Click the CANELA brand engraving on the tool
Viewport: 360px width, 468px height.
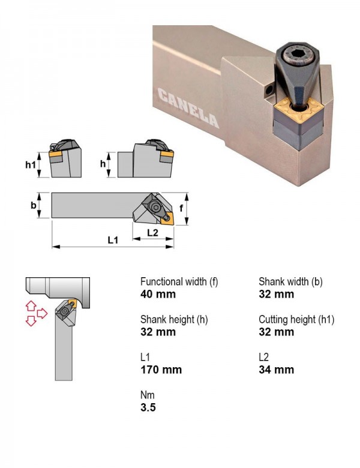coord(188,107)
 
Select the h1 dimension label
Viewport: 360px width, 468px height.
coord(31,164)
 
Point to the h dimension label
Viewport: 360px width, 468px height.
coord(103,164)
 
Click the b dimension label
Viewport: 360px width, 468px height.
coord(34,205)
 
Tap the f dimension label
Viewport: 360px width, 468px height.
coord(181,208)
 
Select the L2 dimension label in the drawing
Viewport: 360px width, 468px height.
coord(152,233)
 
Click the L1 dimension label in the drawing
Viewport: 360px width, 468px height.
coord(113,240)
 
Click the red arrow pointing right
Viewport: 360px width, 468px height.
coord(42,313)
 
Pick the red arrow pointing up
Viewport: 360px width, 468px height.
coord(31,306)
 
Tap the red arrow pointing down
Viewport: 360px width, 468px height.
coord(31,321)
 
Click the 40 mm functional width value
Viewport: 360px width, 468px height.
coord(158,294)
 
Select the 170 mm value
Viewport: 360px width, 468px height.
coord(161,370)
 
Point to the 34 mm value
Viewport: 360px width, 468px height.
coord(276,370)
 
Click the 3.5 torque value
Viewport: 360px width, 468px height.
coord(148,407)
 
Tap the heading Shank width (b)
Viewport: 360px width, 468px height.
coord(290,281)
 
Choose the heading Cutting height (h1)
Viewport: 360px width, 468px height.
coord(296,319)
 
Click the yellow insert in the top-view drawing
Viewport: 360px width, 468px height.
coord(167,218)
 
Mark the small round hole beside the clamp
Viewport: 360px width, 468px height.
coord(269,89)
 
